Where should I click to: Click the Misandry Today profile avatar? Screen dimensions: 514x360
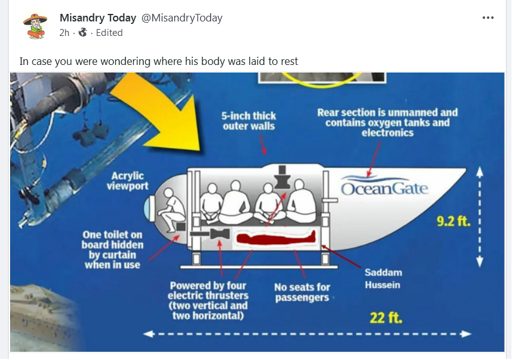click(x=35, y=25)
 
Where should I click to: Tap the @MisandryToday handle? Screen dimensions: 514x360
click(x=182, y=18)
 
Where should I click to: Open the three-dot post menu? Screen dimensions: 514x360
click(x=488, y=18)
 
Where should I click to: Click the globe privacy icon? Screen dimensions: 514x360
click(x=83, y=33)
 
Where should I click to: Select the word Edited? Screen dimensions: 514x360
click(x=109, y=33)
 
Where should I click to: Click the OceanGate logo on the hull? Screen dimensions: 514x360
click(x=384, y=188)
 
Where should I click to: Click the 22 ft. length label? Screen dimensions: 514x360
click(x=386, y=316)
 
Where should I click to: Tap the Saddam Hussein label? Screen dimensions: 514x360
click(x=383, y=279)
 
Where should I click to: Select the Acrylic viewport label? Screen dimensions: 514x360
click(x=127, y=181)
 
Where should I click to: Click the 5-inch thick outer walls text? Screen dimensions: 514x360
click(x=249, y=121)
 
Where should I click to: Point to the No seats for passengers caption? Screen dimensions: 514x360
click(x=302, y=292)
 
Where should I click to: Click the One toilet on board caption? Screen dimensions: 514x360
click(x=112, y=250)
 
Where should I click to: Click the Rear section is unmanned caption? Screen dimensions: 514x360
click(x=387, y=122)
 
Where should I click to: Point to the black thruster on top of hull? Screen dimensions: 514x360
click(x=281, y=177)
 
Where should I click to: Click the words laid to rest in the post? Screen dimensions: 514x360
click(x=274, y=61)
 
